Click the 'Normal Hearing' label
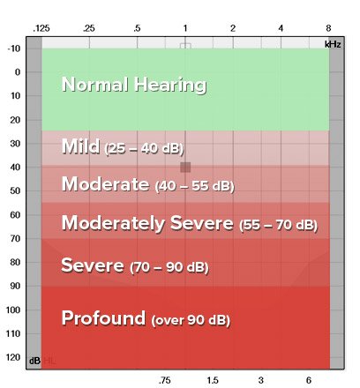(x=133, y=86)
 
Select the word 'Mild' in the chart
(x=79, y=146)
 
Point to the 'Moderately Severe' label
(x=147, y=223)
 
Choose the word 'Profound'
(x=103, y=317)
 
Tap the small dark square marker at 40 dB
(x=185, y=167)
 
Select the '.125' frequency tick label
(x=41, y=29)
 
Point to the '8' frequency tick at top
(x=329, y=29)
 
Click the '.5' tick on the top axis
(x=137, y=29)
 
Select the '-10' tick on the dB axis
(x=15, y=48)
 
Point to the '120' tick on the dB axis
(x=14, y=357)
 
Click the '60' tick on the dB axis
(x=16, y=214)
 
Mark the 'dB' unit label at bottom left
(x=34, y=361)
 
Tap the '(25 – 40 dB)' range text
(x=143, y=149)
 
